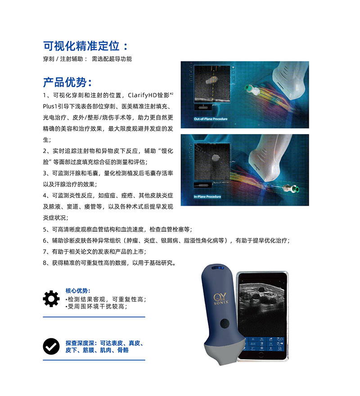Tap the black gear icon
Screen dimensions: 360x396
pyautogui.click(x=51, y=298)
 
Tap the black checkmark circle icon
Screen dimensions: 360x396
pyautogui.click(x=51, y=346)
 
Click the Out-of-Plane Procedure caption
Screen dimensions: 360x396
pyautogui.click(x=211, y=119)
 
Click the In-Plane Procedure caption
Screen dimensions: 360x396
pyautogui.click(x=207, y=197)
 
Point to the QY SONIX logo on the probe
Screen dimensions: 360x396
pyautogui.click(x=221, y=299)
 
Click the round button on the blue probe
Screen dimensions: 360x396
pyautogui.click(x=224, y=323)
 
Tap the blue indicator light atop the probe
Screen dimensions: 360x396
pyautogui.click(x=218, y=268)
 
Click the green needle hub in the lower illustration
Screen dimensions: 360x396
pyautogui.click(x=297, y=189)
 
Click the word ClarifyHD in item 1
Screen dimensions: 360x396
pyautogui.click(x=142, y=95)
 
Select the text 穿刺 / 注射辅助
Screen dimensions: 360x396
pyautogui.click(x=65, y=59)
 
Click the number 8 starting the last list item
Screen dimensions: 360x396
pyautogui.click(x=45, y=263)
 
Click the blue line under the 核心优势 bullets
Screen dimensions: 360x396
pyautogui.click(x=94, y=317)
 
